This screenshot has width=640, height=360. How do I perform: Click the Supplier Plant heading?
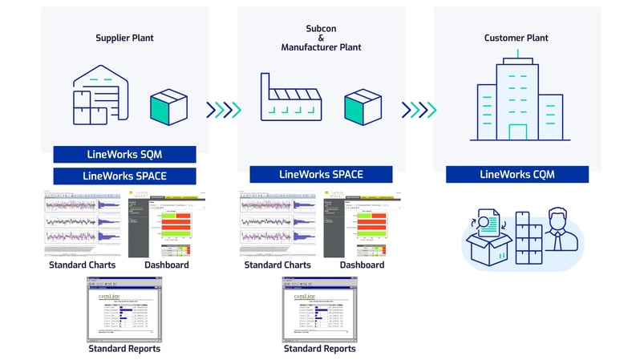(x=124, y=38)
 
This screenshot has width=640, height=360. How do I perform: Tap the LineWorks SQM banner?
(x=124, y=154)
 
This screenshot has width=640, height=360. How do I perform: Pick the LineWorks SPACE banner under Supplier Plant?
(x=124, y=175)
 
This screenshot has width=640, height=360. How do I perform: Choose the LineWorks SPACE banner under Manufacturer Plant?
(x=321, y=174)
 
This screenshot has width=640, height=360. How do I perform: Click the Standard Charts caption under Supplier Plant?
(x=82, y=265)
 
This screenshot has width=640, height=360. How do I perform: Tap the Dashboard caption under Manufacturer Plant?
(x=362, y=265)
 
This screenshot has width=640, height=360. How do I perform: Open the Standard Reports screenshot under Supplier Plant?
(x=124, y=309)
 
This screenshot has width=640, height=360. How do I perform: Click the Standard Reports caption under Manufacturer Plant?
(x=319, y=349)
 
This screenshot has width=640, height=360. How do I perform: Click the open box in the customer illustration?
(x=490, y=242)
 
